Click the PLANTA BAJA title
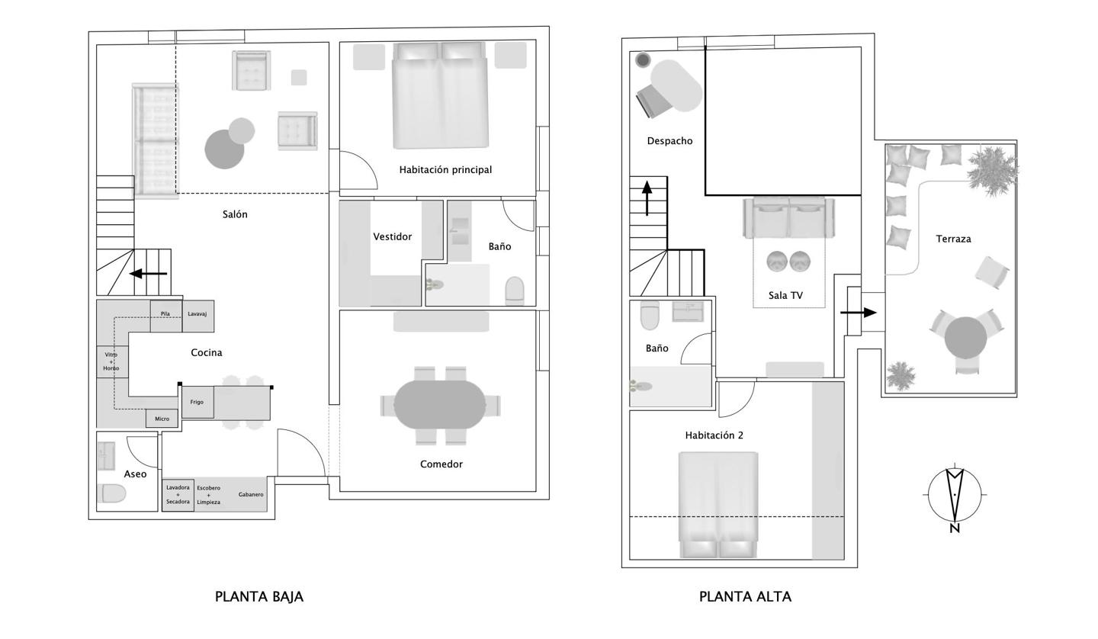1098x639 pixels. point(259,596)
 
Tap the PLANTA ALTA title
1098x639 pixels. point(745,596)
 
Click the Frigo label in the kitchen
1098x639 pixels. point(197,402)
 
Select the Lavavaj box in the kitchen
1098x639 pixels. point(198,316)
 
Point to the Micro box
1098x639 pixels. point(162,419)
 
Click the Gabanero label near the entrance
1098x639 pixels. point(251,494)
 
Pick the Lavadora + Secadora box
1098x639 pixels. point(178,495)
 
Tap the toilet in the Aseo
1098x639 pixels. point(112,493)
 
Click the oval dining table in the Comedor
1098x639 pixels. point(440,405)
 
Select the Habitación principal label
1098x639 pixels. point(445,169)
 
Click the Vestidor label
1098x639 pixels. point(392,236)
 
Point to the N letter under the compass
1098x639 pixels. point(955,528)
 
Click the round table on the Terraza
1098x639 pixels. point(965,338)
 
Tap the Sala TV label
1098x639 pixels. point(785,296)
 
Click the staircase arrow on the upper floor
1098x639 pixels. point(647,198)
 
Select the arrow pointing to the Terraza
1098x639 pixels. point(859,313)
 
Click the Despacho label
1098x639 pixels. point(669,141)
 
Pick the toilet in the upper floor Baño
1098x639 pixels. point(650,316)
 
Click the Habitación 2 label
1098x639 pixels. point(714,435)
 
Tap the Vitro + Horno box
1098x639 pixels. point(112,361)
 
